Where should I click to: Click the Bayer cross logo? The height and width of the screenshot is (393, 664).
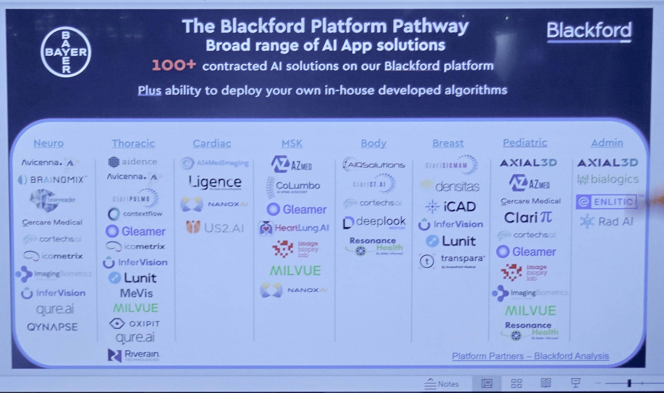coord(66,52)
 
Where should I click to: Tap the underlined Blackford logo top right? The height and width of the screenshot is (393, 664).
coord(589,30)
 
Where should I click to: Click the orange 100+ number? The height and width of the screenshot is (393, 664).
coord(174,65)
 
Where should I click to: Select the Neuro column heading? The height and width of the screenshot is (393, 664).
coord(49,143)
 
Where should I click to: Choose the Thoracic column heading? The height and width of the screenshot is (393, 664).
coord(133,144)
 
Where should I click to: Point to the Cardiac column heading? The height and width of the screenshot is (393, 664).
coord(212,144)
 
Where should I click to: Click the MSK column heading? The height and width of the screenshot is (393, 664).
coord(292,144)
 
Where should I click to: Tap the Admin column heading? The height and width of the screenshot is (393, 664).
coord(607,143)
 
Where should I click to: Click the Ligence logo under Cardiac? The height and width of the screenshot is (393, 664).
coord(215,182)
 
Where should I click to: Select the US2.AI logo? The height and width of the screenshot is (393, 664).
coord(215,227)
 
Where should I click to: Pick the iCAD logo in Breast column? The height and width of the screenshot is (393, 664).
coord(451,207)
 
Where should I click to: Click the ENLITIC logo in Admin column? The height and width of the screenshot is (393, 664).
coord(607,202)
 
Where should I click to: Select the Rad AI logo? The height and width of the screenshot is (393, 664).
coord(607,222)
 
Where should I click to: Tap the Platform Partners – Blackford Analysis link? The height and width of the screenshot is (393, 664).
coord(530,356)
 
